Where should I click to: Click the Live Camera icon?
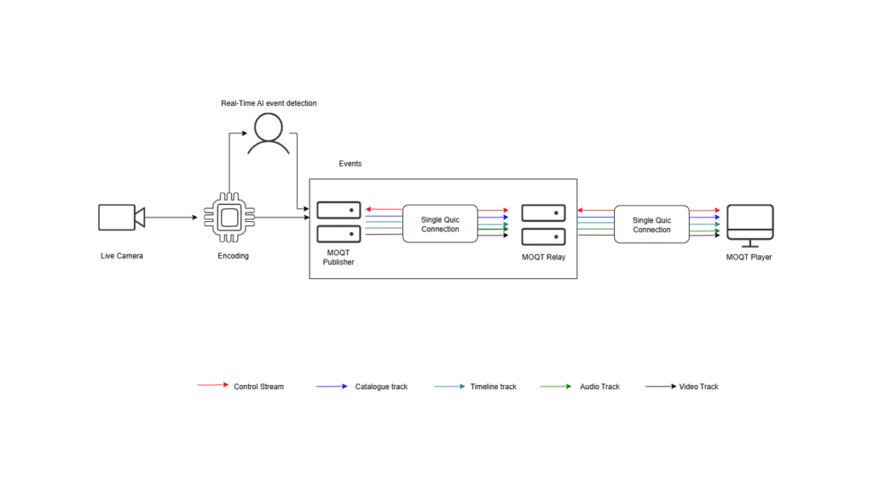pyautogui.click(x=121, y=218)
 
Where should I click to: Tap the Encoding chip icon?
pyautogui.click(x=228, y=218)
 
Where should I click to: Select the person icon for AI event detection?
pyautogui.click(x=269, y=135)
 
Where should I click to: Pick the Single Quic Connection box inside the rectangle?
pyautogui.click(x=440, y=224)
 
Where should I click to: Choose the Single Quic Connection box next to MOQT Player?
pyautogui.click(x=651, y=224)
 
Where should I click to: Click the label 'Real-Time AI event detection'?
pyautogui.click(x=269, y=103)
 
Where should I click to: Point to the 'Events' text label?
pyautogui.click(x=350, y=163)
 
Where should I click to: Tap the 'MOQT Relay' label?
pyautogui.click(x=543, y=256)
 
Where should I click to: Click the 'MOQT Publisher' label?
pyautogui.click(x=338, y=257)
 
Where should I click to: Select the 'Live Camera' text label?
pyautogui.click(x=122, y=256)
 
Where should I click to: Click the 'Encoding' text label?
pyautogui.click(x=232, y=256)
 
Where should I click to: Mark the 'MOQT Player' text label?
pyautogui.click(x=749, y=257)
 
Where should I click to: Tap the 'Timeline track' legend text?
pyautogui.click(x=493, y=387)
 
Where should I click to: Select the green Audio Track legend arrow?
pyautogui.click(x=556, y=386)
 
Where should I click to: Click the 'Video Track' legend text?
pyautogui.click(x=698, y=387)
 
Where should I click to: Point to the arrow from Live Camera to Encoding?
pyautogui.click(x=171, y=218)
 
